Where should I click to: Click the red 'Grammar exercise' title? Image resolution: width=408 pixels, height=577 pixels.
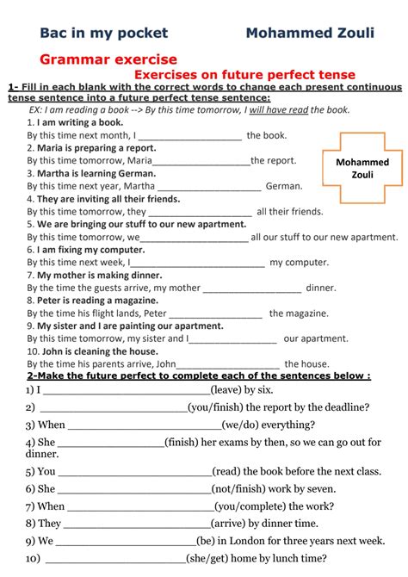108,59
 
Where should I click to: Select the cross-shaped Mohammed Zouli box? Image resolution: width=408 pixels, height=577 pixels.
362,168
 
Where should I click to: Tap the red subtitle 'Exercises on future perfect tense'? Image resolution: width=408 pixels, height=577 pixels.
245,75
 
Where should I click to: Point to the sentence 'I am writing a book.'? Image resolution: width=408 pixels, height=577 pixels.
74,123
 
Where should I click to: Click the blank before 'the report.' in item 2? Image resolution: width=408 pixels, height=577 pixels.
202,160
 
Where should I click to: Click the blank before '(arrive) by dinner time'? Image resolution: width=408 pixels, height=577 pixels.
137,523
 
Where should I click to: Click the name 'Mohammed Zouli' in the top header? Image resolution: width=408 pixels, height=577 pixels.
310,34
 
